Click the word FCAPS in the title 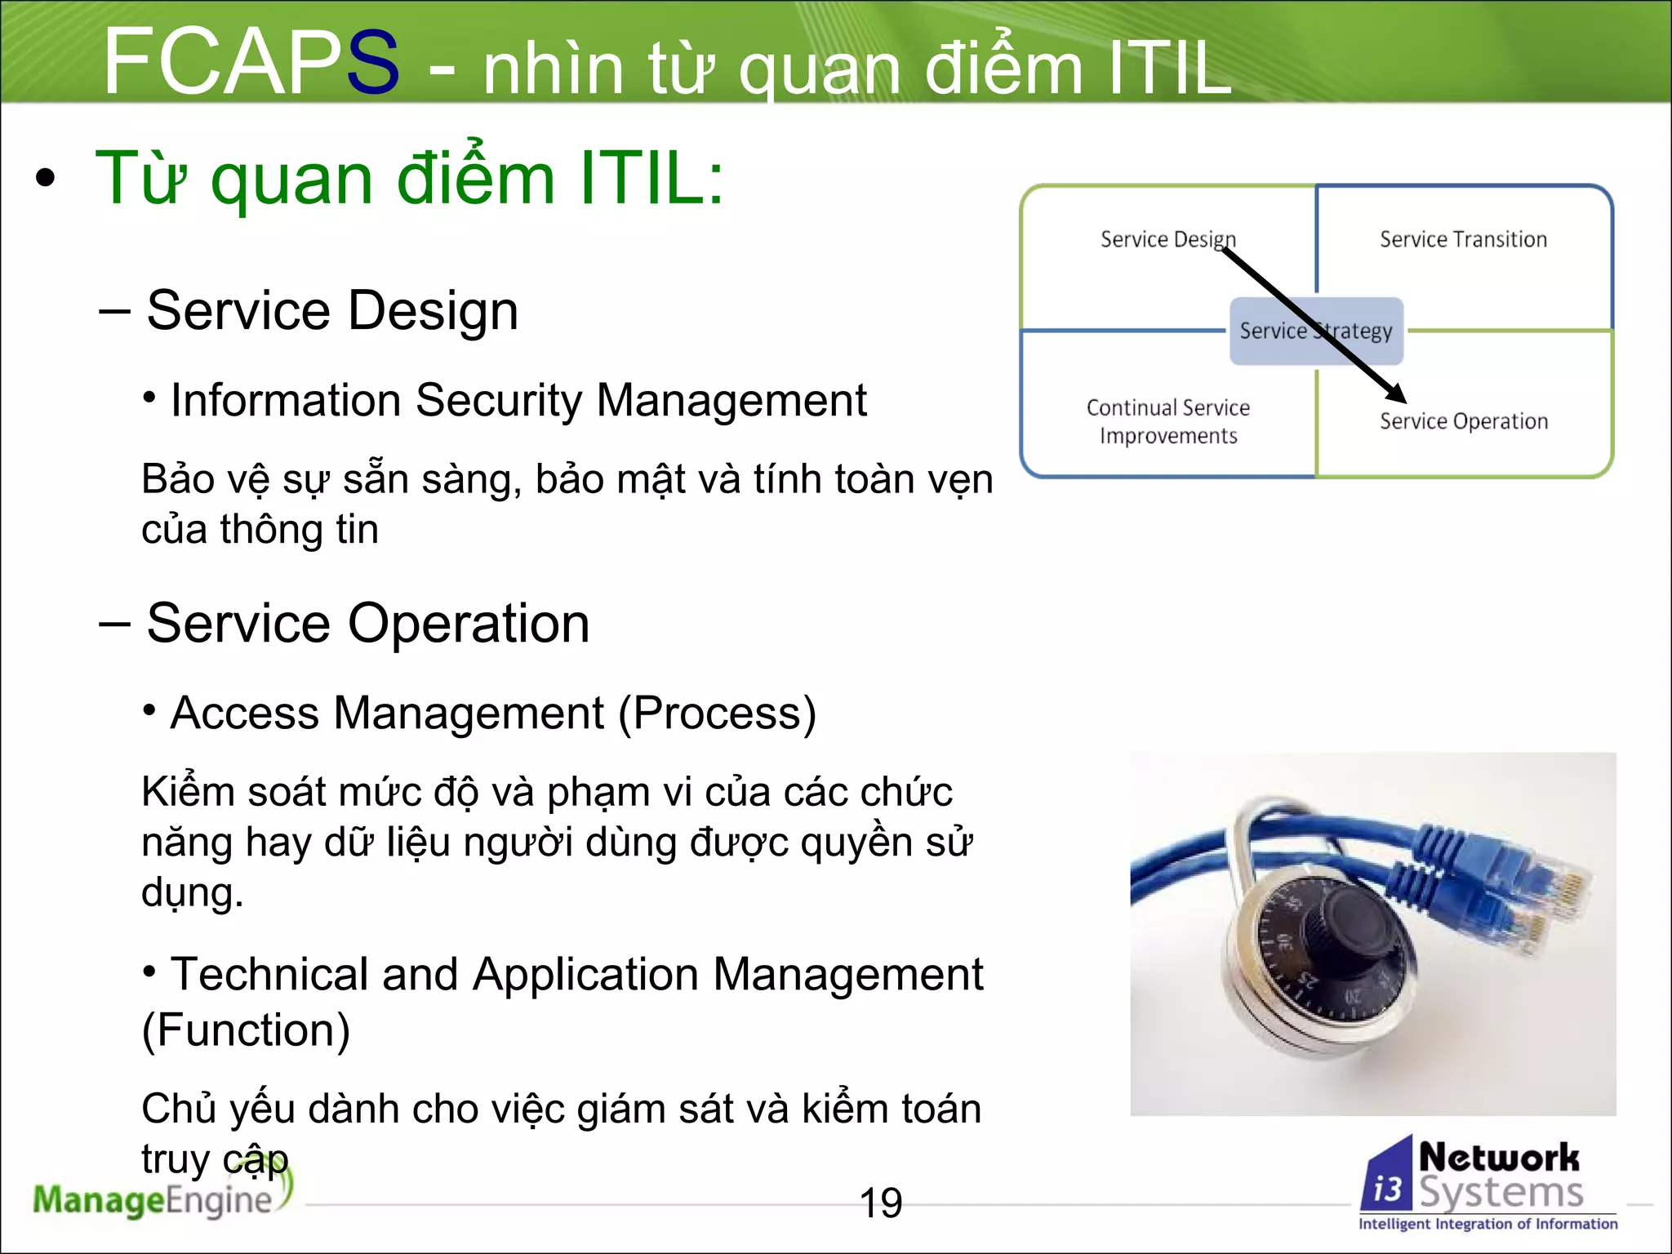click(251, 62)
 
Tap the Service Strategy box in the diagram click(1315, 331)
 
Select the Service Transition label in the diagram click(1463, 239)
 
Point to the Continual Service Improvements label click(1167, 421)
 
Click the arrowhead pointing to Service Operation click(1395, 394)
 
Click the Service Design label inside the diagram click(1167, 239)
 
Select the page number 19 click(881, 1203)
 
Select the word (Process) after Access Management click(717, 713)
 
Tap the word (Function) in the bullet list click(246, 1029)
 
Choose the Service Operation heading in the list click(367, 623)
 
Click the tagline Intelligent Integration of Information click(1487, 1223)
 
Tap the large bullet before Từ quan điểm click(46, 179)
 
